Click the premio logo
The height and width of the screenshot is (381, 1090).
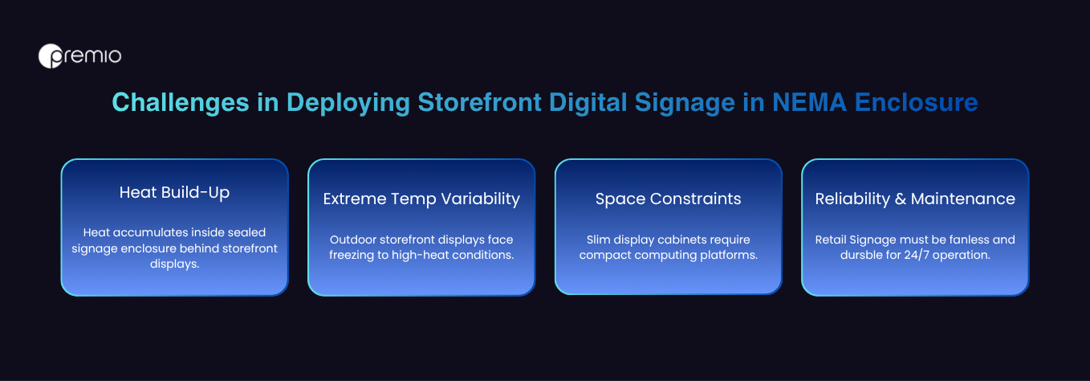click(x=79, y=56)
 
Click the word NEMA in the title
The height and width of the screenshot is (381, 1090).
click(x=810, y=102)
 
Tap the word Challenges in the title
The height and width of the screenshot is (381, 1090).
click(x=181, y=103)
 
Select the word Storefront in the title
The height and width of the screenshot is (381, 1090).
click(x=479, y=102)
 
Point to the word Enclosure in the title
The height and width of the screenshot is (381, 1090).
click(x=917, y=102)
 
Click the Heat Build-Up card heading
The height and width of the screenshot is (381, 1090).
click(x=175, y=192)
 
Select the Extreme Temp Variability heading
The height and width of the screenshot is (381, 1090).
click(x=421, y=199)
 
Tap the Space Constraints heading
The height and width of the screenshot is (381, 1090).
click(x=668, y=199)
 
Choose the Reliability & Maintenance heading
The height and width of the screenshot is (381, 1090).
click(x=915, y=199)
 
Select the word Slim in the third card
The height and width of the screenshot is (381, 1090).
click(x=596, y=240)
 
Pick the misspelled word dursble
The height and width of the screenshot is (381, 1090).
click(x=860, y=255)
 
